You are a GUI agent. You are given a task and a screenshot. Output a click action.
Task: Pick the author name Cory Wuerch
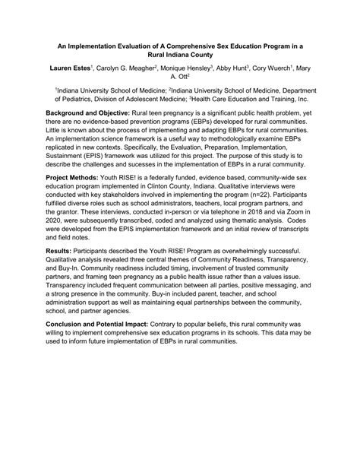pyautogui.click(x=280, y=68)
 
